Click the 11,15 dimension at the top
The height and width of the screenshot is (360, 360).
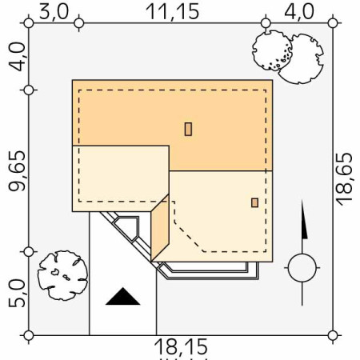tap(173, 12)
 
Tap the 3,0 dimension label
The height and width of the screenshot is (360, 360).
tap(54, 12)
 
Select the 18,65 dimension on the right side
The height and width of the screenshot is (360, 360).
tap(344, 179)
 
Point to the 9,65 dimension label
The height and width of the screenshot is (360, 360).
tap(17, 171)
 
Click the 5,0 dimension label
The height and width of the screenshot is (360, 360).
tap(17, 294)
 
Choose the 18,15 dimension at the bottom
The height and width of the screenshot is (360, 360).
tap(181, 346)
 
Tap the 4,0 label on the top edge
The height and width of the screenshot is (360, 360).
tap(299, 12)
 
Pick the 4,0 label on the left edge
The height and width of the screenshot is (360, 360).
tap(17, 57)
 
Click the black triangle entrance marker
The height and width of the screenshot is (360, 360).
tap(122, 296)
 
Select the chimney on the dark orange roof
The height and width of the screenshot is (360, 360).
tap(188, 129)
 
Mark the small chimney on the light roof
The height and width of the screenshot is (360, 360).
tap(254, 202)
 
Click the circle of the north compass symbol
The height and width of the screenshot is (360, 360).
tap(302, 268)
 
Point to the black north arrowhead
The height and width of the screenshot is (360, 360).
tap(304, 219)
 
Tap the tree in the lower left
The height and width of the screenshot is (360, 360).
tap(63, 275)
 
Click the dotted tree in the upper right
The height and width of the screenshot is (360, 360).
tap(272, 50)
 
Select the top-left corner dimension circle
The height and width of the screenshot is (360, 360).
tap(29, 23)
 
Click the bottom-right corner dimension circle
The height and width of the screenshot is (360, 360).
tap(333, 335)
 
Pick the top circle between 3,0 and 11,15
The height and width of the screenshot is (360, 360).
tap(79, 23)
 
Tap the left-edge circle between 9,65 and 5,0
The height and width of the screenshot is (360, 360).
tap(29, 252)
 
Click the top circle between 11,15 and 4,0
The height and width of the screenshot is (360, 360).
tap(266, 23)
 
